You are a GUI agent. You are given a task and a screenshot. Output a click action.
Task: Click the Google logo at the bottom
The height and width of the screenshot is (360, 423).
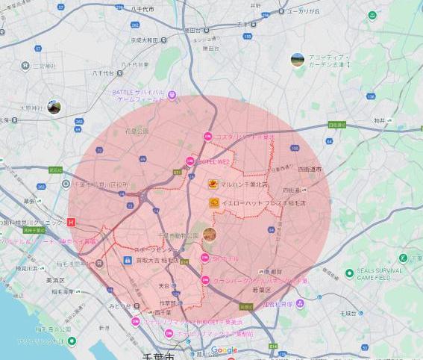pos(224,350)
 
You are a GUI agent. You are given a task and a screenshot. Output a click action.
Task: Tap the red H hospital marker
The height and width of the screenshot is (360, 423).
pos(71,222)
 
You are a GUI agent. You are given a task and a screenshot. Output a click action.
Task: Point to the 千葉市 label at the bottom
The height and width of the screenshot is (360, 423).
pos(159,356)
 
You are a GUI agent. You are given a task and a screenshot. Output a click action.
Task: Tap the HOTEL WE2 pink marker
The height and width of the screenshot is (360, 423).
pos(190,160)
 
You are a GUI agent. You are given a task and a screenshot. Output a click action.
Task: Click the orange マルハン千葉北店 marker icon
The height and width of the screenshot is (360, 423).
pos(213,183)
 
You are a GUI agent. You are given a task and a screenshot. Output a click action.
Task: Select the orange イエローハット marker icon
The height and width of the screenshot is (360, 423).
pos(213,202)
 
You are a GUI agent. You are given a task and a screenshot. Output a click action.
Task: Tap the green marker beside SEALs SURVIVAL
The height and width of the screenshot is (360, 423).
pos(349,273)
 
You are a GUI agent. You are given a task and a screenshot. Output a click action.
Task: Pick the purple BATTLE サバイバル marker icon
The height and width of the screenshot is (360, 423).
pos(172,95)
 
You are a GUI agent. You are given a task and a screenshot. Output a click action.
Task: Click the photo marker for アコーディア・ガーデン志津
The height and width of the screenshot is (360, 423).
pos(297,59)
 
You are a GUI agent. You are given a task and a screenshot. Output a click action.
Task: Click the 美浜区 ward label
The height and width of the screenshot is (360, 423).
pos(55,279)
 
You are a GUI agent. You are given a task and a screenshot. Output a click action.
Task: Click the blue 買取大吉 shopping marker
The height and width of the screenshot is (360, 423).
pos(128,261)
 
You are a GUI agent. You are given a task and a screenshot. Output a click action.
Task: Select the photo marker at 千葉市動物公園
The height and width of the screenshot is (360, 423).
pos(209,235)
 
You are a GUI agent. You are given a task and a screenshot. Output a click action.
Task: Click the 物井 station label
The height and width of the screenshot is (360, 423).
pos(380,120)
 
